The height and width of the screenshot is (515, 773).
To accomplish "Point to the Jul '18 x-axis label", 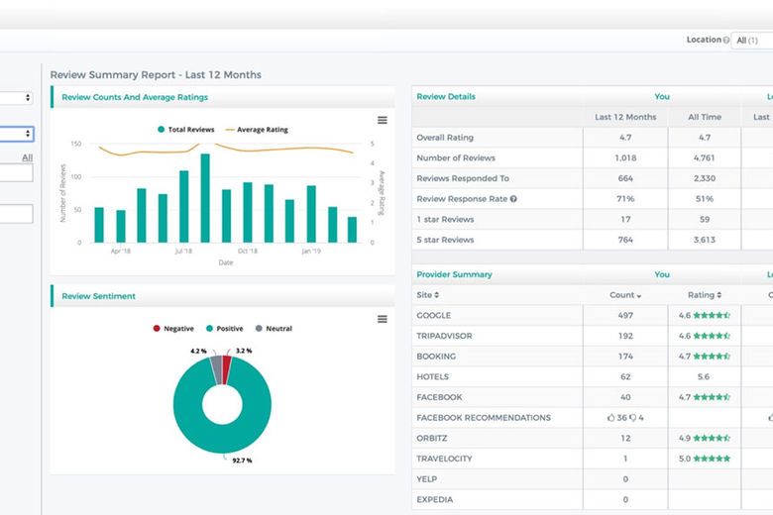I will (x=183, y=252).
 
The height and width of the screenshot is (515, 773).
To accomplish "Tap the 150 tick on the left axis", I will (x=76, y=144).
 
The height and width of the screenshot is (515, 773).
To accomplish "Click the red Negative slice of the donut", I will (x=226, y=370).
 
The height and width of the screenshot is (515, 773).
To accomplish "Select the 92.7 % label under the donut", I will (x=242, y=460).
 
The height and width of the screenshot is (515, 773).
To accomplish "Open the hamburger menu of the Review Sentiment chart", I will (x=383, y=319).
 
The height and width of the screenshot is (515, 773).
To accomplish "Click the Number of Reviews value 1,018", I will (x=624, y=158).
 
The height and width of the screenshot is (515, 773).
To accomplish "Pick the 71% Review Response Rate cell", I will (x=624, y=199).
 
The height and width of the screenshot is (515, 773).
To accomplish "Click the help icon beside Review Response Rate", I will (x=513, y=199).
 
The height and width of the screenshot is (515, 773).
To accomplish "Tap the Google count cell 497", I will (x=624, y=316).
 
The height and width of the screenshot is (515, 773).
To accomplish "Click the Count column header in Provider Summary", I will (x=624, y=295).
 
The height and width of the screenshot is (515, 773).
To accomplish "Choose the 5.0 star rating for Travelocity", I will (x=704, y=459).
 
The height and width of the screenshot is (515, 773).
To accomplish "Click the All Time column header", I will (x=704, y=117).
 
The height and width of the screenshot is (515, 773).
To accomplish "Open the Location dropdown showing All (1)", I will (x=751, y=41).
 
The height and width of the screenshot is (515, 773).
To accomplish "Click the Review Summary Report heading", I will (x=156, y=75).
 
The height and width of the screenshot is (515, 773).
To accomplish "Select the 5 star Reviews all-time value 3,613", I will (x=704, y=240).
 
